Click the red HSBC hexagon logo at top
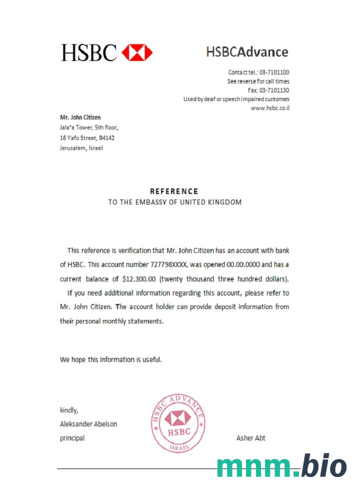pyautogui.click(x=137, y=52)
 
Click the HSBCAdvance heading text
pyautogui.click(x=247, y=52)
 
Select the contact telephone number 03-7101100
pyautogui.click(x=274, y=72)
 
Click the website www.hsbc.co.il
pyautogui.click(x=270, y=108)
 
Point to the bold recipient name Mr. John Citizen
pyautogui.click(x=80, y=117)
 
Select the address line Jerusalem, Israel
pyautogui.click(x=81, y=147)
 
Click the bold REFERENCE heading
pyautogui.click(x=174, y=191)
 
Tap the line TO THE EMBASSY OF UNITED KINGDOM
pyautogui.click(x=175, y=202)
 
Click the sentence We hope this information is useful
pyautogui.click(x=111, y=359)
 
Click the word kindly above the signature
pyautogui.click(x=69, y=410)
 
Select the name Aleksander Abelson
pyautogui.click(x=88, y=424)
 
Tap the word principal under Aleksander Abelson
pyautogui.click(x=72, y=438)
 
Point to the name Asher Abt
pyautogui.click(x=250, y=438)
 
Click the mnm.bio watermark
pyautogui.click(x=281, y=467)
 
